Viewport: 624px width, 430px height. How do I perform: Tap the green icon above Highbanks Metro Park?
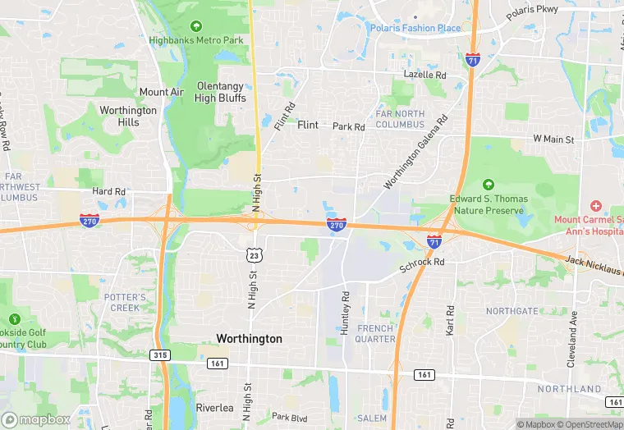pyautogui.click(x=195, y=25)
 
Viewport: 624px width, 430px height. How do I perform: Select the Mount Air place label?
pyautogui.click(x=162, y=92)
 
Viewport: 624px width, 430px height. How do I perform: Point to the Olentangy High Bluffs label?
pyautogui.click(x=220, y=92)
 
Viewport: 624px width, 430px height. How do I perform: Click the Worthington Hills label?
pyautogui.click(x=127, y=116)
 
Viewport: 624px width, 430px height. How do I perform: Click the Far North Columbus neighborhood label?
pyautogui.click(x=400, y=119)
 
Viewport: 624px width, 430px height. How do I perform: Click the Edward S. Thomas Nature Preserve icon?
pyautogui.click(x=489, y=185)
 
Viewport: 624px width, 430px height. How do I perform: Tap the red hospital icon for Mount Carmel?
pyautogui.click(x=596, y=205)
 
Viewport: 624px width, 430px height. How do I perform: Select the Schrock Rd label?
pyautogui.click(x=422, y=262)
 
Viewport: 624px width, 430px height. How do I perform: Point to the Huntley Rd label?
pyautogui.click(x=346, y=313)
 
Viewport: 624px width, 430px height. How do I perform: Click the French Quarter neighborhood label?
pyautogui.click(x=375, y=333)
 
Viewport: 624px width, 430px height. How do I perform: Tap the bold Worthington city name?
pyautogui.click(x=249, y=338)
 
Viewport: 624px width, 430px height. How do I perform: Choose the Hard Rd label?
pyautogui.click(x=108, y=191)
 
